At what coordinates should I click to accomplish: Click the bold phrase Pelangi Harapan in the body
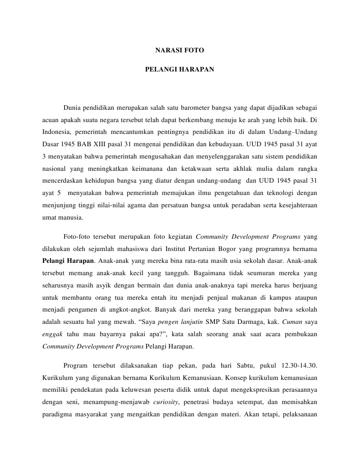coord(68,261)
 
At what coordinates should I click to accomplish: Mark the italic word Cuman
coord(293,322)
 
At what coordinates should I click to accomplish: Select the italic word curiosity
coord(166,402)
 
